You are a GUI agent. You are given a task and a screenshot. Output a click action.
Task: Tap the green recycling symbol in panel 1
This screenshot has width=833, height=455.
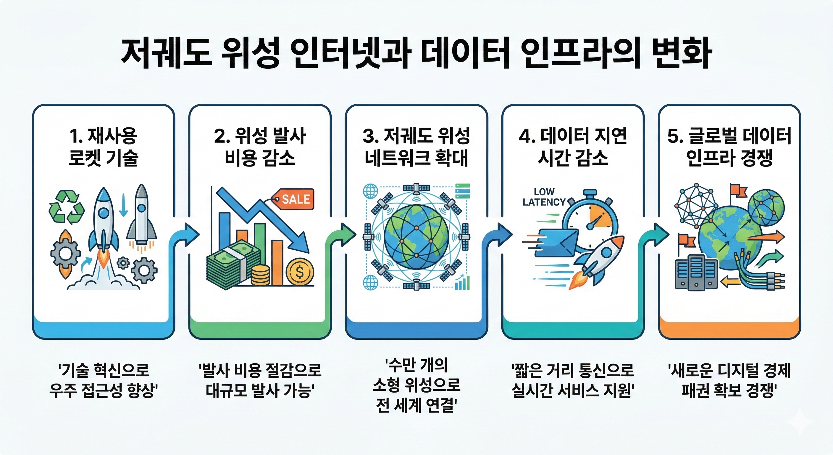pyautogui.click(x=67, y=207)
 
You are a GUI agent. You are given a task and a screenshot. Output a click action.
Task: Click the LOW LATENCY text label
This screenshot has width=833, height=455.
pyautogui.click(x=544, y=197)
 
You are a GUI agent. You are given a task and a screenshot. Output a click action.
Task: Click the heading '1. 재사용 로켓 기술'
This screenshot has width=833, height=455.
pyautogui.click(x=104, y=147)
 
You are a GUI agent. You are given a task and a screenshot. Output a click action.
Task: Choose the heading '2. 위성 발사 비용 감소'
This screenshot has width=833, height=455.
pyautogui.click(x=260, y=147)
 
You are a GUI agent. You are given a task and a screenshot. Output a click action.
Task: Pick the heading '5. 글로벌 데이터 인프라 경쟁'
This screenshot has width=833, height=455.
pyautogui.click(x=729, y=147)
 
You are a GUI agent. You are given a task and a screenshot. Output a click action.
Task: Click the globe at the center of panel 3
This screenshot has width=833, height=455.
pyautogui.click(x=416, y=236)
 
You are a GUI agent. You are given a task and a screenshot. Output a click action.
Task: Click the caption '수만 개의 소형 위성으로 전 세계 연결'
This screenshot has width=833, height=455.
pyautogui.click(x=417, y=385)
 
